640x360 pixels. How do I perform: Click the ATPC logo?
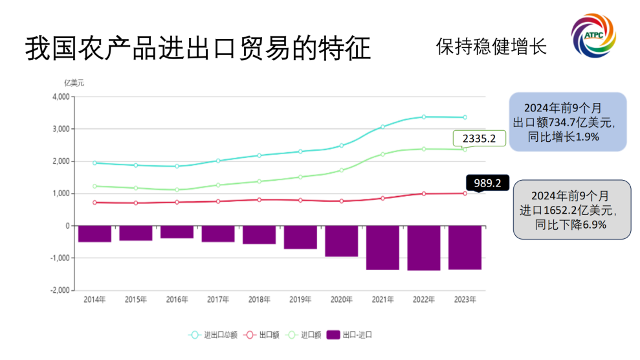click(593, 37)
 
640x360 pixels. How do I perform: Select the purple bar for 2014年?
click(94, 234)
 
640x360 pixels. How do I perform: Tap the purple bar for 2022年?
click(423, 248)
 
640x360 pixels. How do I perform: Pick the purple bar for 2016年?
click(177, 232)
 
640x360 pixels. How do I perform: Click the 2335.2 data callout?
click(479, 139)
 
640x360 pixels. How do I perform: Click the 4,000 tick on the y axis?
click(60, 97)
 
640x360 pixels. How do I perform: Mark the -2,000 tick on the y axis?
click(58, 290)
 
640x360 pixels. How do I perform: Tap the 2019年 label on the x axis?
click(300, 300)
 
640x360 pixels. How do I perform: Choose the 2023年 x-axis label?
click(465, 300)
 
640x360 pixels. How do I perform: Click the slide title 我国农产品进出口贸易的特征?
click(198, 49)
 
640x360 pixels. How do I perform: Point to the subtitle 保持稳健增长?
click(491, 47)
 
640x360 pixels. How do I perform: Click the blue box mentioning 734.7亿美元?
click(567, 122)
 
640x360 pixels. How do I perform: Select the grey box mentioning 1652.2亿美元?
click(571, 210)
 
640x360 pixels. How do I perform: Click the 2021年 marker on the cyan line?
click(382, 127)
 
